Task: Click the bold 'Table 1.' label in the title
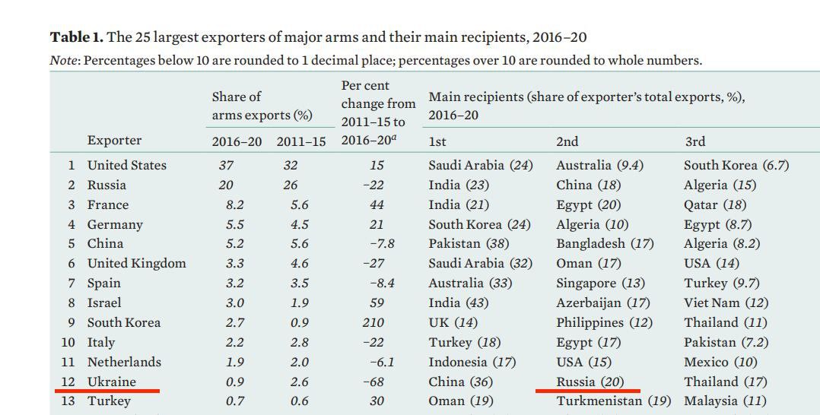77,37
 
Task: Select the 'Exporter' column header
114,141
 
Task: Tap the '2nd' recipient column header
567,141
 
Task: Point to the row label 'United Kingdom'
136,264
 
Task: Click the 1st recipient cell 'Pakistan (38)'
469,243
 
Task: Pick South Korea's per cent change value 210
373,322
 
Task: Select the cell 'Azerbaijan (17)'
603,303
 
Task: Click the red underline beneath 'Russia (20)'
588,391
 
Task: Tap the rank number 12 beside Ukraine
68,382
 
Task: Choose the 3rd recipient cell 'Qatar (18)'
715,205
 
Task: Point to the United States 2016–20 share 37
227,166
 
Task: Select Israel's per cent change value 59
377,303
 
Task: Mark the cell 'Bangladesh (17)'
605,244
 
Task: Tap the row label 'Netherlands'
124,363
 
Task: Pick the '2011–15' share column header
301,141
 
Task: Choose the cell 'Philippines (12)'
605,323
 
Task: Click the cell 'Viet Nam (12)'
726,303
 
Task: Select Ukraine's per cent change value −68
373,382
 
